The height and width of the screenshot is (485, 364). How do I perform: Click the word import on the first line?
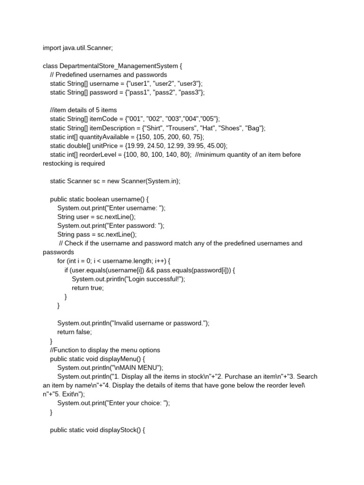pyautogui.click(x=52, y=48)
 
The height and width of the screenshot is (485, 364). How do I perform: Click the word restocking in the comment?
pyautogui.click(x=59, y=163)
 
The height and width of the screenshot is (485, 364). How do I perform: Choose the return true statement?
pyautogui.click(x=88, y=287)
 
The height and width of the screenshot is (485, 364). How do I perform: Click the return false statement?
pyautogui.click(x=74, y=332)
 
